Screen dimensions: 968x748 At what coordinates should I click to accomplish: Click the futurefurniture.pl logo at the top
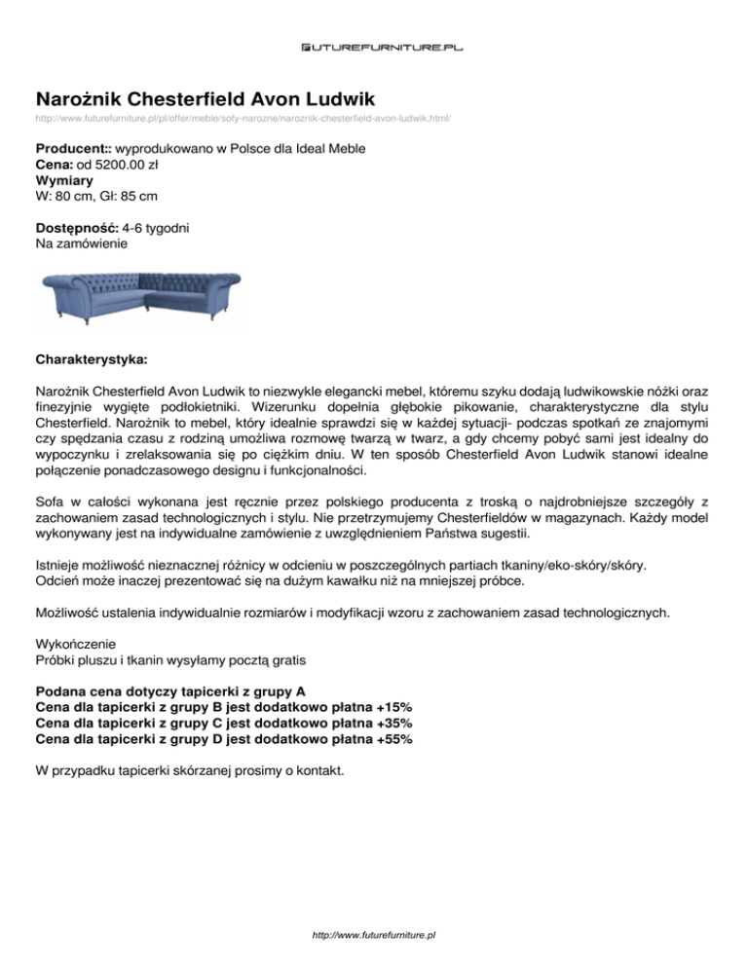pyautogui.click(x=374, y=46)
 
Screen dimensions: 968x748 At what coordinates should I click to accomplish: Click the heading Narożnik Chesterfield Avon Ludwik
pyautogui.click(x=206, y=99)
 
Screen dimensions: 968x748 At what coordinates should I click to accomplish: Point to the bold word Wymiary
pyautogui.click(x=63, y=180)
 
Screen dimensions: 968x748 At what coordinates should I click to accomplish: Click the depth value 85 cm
pyautogui.click(x=158, y=196)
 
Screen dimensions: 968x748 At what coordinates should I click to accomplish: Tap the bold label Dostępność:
pyautogui.click(x=77, y=227)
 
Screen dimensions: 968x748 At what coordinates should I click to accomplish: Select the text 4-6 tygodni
pyautogui.click(x=163, y=227)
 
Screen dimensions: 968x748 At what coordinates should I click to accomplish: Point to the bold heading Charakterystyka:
pyautogui.click(x=91, y=360)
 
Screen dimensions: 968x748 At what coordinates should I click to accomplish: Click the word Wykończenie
pyautogui.click(x=75, y=645)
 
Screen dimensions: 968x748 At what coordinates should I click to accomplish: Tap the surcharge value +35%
pyautogui.click(x=393, y=724)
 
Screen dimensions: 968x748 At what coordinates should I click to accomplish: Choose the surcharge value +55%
pyautogui.click(x=393, y=739)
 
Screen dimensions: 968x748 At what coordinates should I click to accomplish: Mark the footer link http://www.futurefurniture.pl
pyautogui.click(x=374, y=934)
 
